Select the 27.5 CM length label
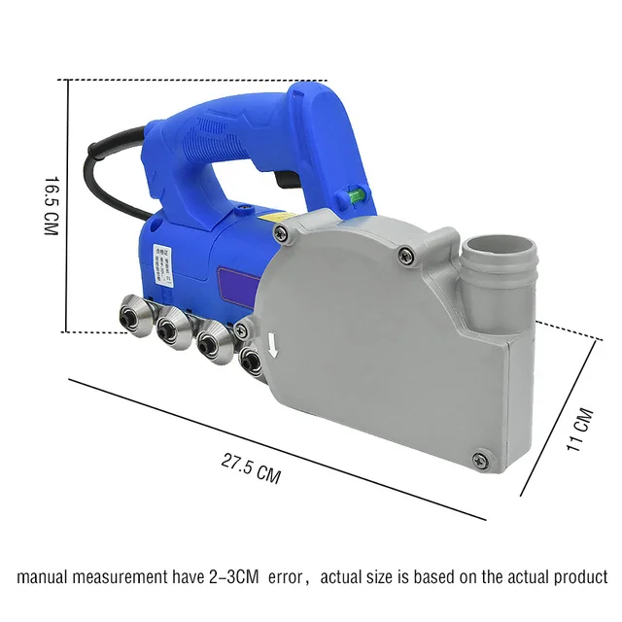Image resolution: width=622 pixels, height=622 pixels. click(x=251, y=469)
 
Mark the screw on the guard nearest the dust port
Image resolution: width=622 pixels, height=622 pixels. click(x=406, y=256)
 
